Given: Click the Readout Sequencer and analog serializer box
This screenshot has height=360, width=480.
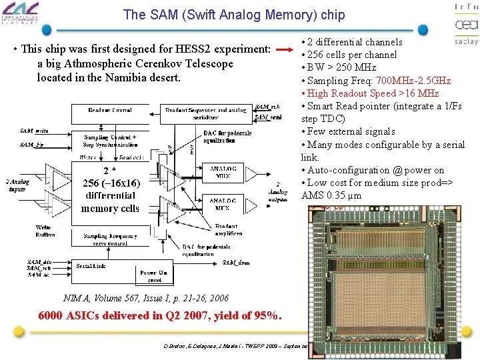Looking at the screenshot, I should (206, 113).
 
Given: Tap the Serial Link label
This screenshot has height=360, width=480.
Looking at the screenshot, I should (92, 266).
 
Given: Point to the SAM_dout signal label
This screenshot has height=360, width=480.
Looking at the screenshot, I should (237, 263).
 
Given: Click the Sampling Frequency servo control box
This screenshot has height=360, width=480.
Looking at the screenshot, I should (110, 239).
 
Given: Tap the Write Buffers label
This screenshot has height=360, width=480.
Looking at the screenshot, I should (45, 230).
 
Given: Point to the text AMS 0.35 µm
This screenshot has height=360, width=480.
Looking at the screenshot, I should (331, 195).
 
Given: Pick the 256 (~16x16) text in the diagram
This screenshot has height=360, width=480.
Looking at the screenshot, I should (111, 183).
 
